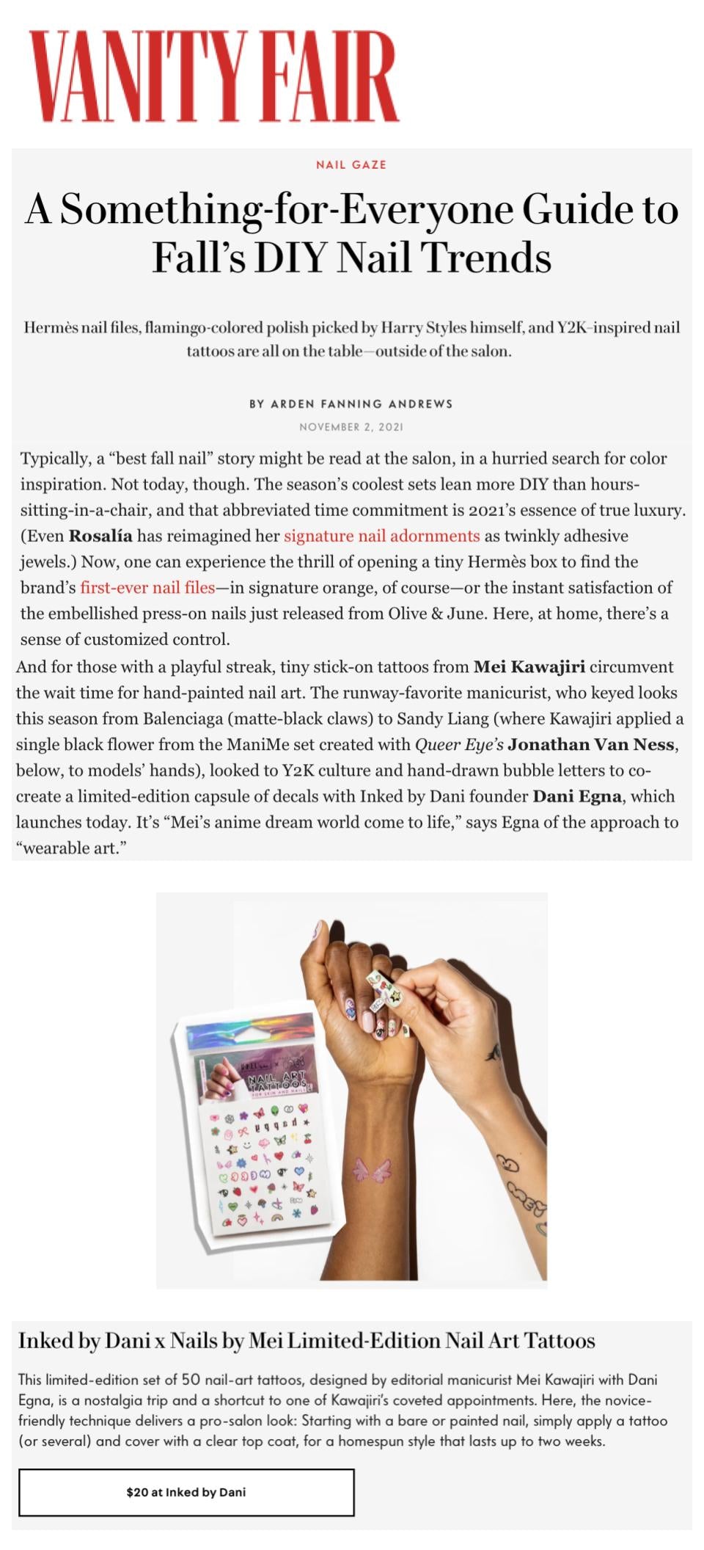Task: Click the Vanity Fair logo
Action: (x=214, y=77)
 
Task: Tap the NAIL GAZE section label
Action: (x=351, y=165)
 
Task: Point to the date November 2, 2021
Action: (x=351, y=427)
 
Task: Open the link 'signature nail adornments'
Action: (x=381, y=536)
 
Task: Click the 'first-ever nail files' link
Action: (x=147, y=587)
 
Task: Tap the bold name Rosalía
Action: (x=100, y=536)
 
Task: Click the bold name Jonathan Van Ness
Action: (x=591, y=745)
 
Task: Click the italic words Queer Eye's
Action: (x=459, y=745)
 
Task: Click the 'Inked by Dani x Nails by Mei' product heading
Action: (x=307, y=1341)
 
